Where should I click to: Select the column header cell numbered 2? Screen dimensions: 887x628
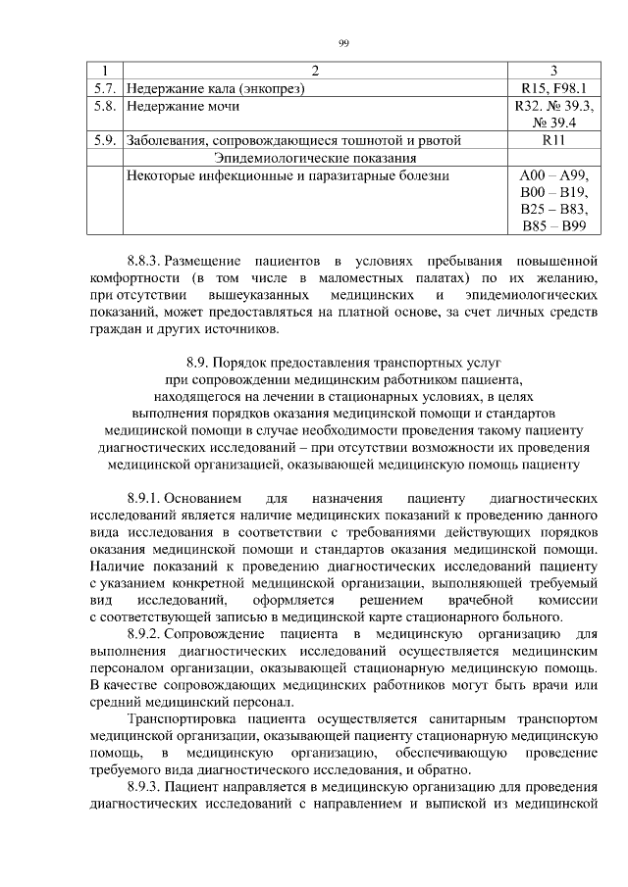point(315,71)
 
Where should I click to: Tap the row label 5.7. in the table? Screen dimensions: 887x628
point(104,88)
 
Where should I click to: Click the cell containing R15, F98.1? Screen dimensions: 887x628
point(553,88)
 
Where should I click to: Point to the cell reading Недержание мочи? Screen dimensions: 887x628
point(183,106)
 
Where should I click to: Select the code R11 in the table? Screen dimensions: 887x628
point(553,140)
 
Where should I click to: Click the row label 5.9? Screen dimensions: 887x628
point(104,140)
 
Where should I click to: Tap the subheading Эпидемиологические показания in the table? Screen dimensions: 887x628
point(315,158)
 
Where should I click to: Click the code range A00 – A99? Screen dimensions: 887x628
point(553,175)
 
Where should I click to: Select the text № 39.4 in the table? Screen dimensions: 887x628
point(553,123)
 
